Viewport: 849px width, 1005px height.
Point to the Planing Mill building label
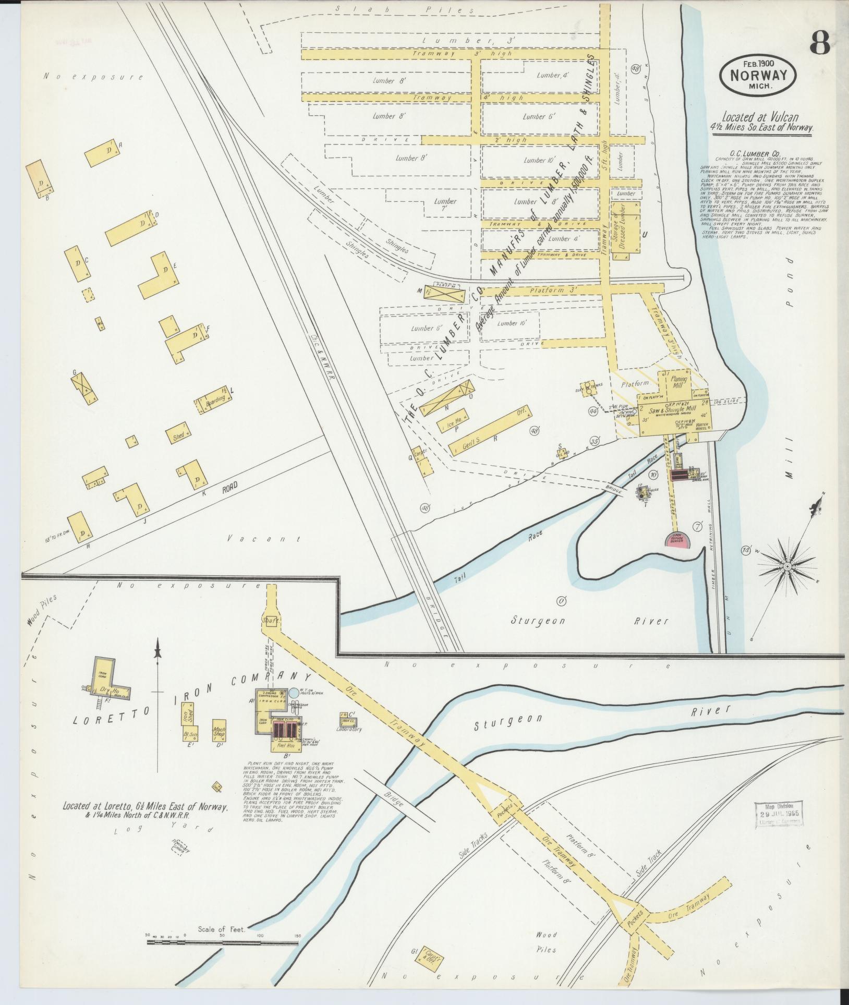pyautogui.click(x=678, y=383)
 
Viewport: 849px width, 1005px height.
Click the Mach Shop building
pyautogui.click(x=219, y=731)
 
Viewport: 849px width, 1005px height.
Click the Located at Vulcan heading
pyautogui.click(x=760, y=118)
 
